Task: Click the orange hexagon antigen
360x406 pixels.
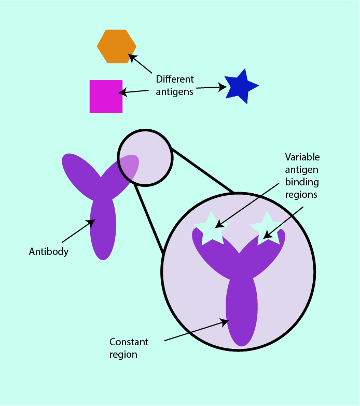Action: (116, 46)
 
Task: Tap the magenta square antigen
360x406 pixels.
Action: (106, 96)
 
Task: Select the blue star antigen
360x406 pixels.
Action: (241, 87)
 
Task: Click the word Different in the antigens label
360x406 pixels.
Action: (175, 79)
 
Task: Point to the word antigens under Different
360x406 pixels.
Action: (175, 92)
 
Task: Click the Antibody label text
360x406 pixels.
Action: (49, 252)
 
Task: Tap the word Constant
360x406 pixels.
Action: (129, 342)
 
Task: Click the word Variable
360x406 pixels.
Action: (302, 157)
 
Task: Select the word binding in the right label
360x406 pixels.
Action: (302, 182)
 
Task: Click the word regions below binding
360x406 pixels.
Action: (301, 195)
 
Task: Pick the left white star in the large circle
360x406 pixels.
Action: (211, 229)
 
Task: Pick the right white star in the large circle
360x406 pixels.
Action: (267, 227)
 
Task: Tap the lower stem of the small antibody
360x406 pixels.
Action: (103, 231)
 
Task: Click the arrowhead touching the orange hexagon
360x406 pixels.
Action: (132, 57)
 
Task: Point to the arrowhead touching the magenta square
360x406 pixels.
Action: (122, 93)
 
